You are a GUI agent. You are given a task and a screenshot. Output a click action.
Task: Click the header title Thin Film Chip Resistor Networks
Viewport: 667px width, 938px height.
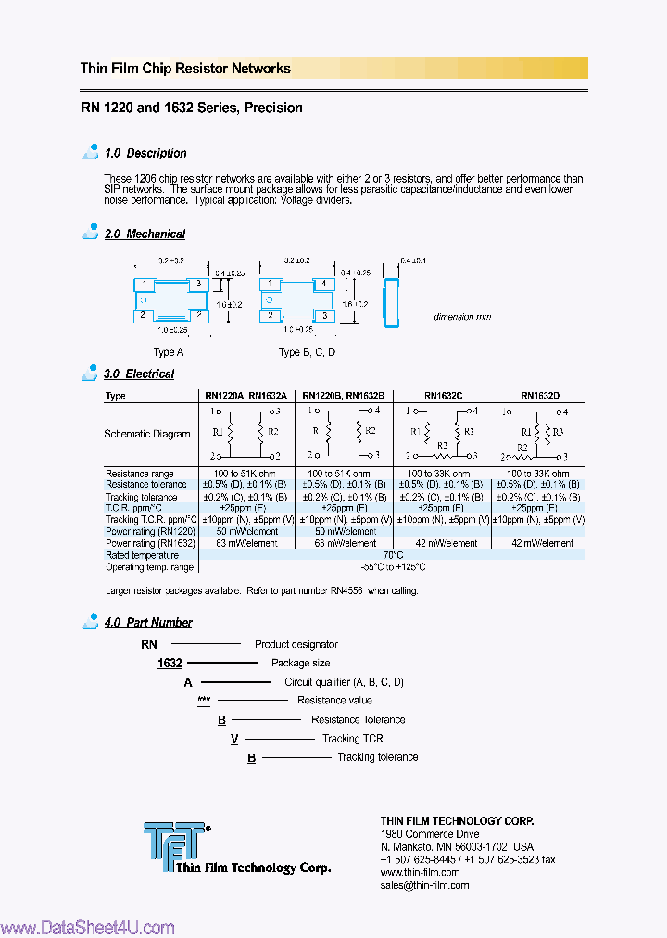[185, 69]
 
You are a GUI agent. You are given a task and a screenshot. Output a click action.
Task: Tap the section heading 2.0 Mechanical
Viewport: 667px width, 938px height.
[145, 234]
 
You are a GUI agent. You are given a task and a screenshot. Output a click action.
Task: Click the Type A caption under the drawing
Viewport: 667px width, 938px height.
[169, 352]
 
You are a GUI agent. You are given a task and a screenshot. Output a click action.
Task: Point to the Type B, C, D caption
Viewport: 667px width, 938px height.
[307, 352]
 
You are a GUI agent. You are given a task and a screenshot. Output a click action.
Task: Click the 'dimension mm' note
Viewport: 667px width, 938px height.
[462, 317]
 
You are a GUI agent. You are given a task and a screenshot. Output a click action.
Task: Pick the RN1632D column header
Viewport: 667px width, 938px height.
[539, 396]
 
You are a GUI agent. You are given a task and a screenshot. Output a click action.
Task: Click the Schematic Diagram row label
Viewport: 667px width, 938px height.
[147, 434]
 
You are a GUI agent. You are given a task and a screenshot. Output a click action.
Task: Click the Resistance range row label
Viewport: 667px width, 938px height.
[140, 474]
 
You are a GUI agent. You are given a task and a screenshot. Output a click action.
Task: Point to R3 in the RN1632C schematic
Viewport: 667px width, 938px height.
[470, 431]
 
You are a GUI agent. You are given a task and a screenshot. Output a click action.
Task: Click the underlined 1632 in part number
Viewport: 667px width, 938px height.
[170, 664]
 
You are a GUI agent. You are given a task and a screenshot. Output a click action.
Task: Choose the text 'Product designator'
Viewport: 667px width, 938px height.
[296, 644]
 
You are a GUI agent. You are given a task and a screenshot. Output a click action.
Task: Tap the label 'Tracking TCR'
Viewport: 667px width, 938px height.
[352, 739]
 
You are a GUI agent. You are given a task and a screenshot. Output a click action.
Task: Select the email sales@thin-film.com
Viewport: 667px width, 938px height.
[424, 885]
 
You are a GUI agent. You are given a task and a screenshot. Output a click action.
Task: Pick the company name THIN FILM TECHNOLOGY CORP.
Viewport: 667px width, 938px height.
[457, 821]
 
